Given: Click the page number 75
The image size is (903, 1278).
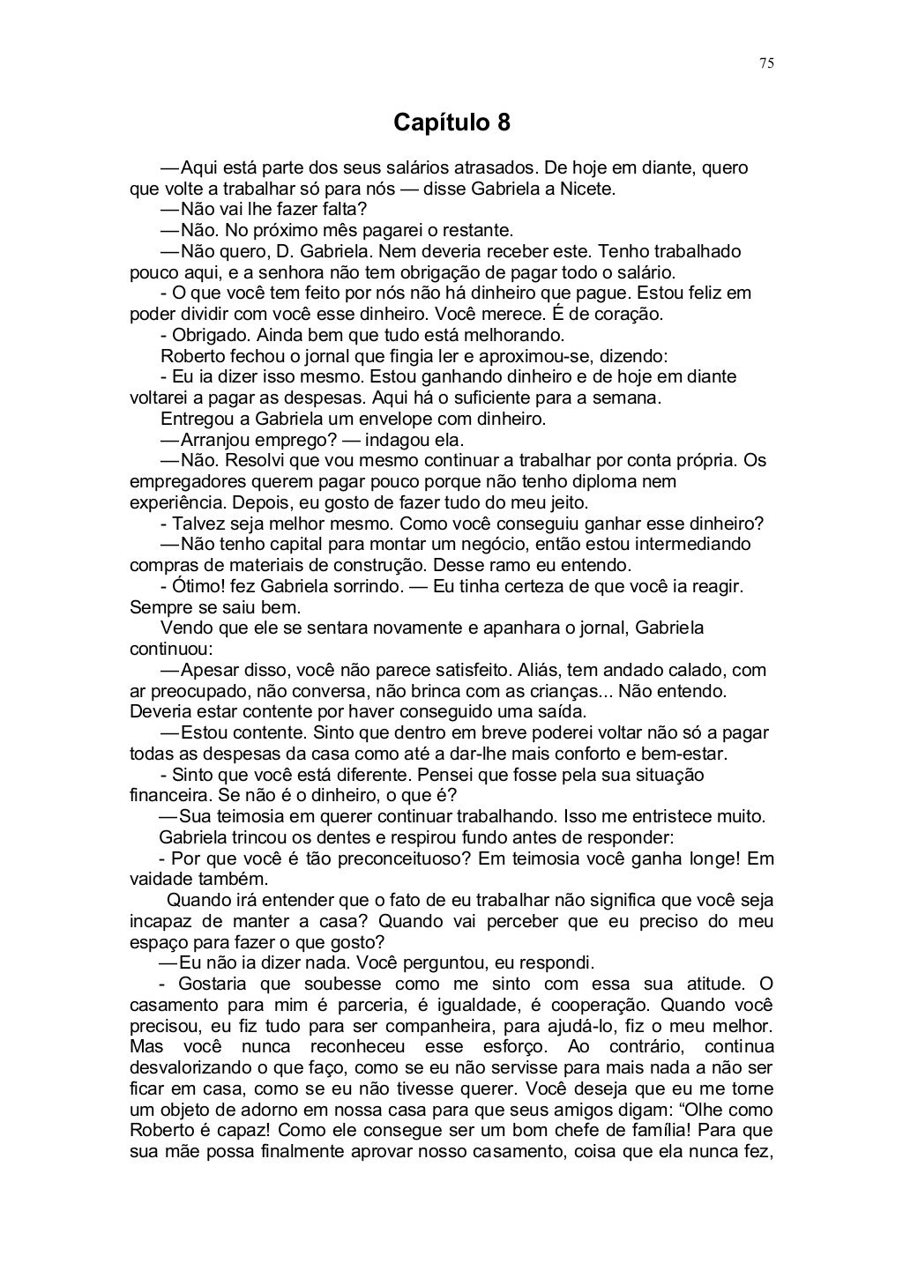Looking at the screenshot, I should (x=766, y=63).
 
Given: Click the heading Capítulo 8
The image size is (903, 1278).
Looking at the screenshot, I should (x=451, y=122).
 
